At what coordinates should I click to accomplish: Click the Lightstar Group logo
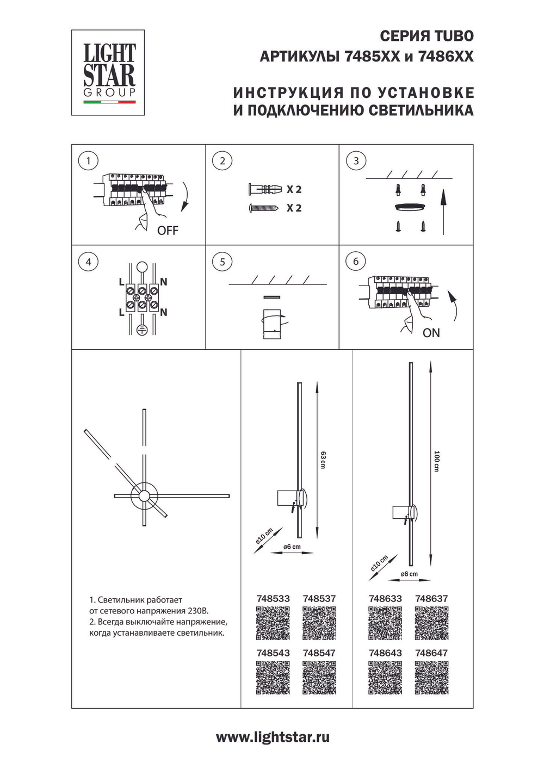click(108, 72)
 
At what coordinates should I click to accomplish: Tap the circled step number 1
click(88, 160)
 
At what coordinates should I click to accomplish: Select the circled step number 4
click(88, 262)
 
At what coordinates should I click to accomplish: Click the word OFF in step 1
click(168, 231)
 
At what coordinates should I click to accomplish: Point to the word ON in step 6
click(431, 333)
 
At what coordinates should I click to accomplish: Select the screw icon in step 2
click(264, 208)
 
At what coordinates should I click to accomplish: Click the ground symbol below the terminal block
click(141, 330)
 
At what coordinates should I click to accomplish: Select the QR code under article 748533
click(273, 623)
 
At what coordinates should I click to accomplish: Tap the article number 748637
click(431, 598)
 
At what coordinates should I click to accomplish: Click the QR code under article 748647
click(431, 678)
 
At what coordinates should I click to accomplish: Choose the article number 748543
click(273, 653)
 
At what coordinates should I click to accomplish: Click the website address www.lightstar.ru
click(273, 737)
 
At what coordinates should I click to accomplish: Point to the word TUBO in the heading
click(454, 36)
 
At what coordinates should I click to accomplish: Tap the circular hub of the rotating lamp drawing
click(144, 495)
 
